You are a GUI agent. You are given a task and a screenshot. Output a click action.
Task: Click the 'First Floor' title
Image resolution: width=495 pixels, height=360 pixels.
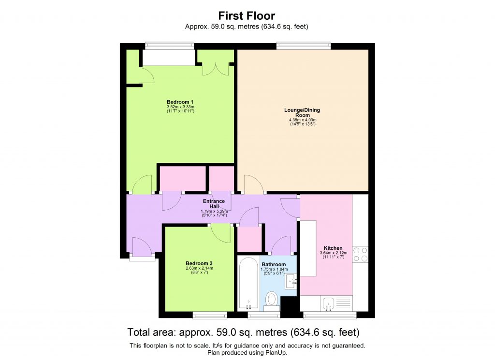click(x=247, y=16)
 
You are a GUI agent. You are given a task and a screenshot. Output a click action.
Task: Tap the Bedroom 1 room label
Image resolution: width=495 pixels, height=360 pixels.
click(x=180, y=102)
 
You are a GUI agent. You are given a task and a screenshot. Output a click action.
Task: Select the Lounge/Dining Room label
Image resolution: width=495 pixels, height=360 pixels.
click(x=302, y=113)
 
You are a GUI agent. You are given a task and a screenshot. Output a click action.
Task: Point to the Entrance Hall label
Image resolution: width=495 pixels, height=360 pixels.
click(x=214, y=203)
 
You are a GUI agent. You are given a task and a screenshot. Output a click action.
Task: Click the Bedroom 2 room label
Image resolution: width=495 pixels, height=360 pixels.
click(x=199, y=263)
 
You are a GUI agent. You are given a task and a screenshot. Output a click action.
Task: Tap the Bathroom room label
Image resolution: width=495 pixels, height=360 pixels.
click(x=274, y=264)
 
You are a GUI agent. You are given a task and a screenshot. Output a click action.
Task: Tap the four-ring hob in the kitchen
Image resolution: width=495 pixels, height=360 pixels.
click(x=360, y=254)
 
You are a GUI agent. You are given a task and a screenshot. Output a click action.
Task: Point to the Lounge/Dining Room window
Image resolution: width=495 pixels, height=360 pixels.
click(x=304, y=46)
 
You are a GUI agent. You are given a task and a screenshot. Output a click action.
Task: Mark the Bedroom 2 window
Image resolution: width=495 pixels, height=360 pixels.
click(x=209, y=316)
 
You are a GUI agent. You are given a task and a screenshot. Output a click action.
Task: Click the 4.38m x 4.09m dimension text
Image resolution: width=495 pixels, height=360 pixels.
click(x=303, y=120)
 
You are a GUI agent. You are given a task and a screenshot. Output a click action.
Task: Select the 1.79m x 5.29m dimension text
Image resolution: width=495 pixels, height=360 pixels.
click(x=214, y=211)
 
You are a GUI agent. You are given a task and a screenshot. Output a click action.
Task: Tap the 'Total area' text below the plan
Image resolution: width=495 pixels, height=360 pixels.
click(x=152, y=332)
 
